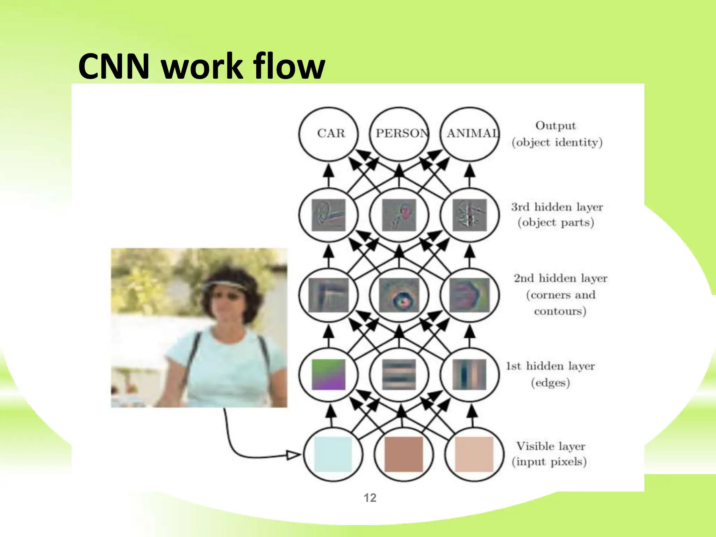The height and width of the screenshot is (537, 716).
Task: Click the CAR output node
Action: pos(329,134)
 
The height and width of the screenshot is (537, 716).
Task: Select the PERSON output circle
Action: pos(399,134)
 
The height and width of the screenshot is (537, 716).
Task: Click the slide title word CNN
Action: pos(114,66)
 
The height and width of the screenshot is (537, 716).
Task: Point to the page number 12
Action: pos(370,497)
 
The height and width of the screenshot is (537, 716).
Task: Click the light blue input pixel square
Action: pos(333,454)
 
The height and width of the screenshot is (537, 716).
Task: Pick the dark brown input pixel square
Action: pos(403,454)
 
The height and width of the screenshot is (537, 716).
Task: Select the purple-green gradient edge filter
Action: pos(329,374)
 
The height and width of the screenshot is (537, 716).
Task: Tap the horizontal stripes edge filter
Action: pos(399,374)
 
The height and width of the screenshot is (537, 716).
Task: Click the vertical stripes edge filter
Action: pos(470,374)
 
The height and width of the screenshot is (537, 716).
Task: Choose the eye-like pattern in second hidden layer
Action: pos(399,295)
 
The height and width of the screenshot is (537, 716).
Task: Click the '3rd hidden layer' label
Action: pos(557,207)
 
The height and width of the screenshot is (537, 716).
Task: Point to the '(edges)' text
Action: pos(551,383)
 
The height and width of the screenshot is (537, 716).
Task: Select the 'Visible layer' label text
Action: pos(551,446)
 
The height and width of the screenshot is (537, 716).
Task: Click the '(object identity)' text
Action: pos(557,143)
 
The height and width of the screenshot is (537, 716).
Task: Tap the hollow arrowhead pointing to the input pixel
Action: pos(293,455)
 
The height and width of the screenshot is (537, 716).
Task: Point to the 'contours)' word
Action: pos(560,311)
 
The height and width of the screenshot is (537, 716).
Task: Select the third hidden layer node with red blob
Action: pos(399,215)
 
